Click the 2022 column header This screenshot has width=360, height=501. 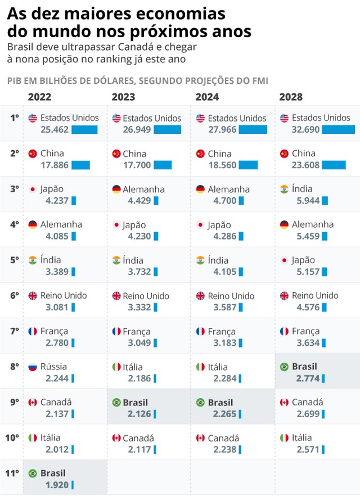(x=39, y=97)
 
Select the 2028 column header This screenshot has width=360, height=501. (x=291, y=97)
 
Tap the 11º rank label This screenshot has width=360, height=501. (x=13, y=473)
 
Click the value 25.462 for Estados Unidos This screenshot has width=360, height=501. (x=55, y=130)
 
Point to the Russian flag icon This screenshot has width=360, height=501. (x=33, y=367)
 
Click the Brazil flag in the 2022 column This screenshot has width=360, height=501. (x=33, y=473)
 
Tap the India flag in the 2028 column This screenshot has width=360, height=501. (x=284, y=189)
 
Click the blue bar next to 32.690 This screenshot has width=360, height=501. (x=338, y=129)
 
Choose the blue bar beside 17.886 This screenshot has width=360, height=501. (x=80, y=165)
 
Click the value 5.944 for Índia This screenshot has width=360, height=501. (x=308, y=200)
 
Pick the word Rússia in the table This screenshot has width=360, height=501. (x=54, y=367)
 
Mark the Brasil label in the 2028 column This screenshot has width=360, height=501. (x=304, y=367)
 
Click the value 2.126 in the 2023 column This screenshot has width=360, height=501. (x=139, y=414)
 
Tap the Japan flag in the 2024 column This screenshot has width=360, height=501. (x=200, y=225)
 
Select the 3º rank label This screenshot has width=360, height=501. (x=14, y=189)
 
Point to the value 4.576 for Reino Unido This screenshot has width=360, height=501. (x=308, y=307)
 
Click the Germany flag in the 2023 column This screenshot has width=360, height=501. (x=116, y=189)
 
